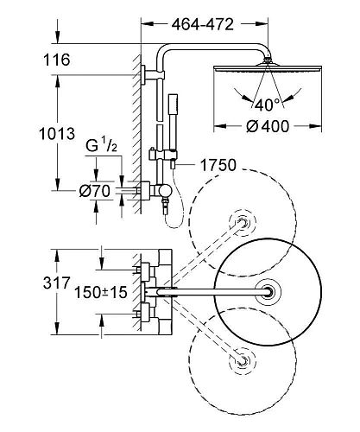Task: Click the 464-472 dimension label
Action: pos(203,24)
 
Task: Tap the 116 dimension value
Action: pos(56,60)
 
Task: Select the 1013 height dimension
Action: pos(57,134)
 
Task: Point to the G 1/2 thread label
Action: pos(102,145)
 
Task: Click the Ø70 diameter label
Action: pos(95,191)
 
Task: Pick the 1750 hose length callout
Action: pos(218,165)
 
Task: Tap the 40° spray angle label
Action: pos(267,105)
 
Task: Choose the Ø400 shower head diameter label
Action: pos(268,126)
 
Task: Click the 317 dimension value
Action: pos(57,283)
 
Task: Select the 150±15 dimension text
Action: pos(101,292)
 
